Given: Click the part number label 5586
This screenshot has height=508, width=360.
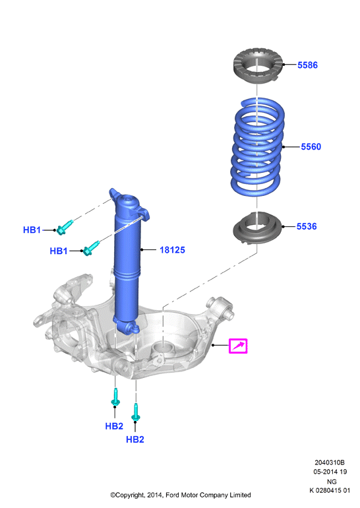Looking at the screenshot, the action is (x=307, y=65).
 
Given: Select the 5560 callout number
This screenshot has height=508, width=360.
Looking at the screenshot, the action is (x=311, y=146).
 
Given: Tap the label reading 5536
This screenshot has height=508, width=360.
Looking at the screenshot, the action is (x=307, y=226).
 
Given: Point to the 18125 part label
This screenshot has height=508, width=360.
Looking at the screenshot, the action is (x=172, y=250).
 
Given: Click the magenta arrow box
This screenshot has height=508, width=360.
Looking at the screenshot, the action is (x=238, y=346).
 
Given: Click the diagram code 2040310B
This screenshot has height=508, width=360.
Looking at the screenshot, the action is (x=330, y=462).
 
